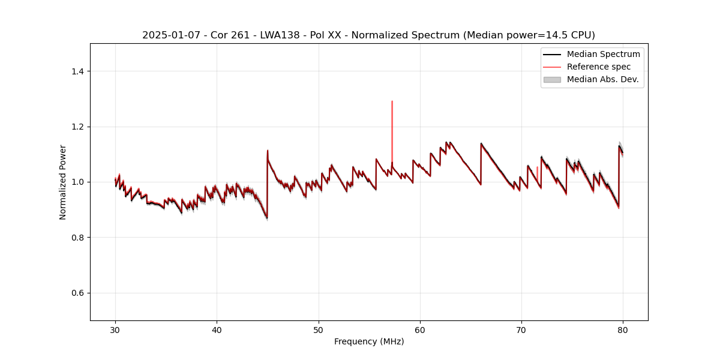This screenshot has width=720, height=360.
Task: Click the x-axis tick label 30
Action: (x=115, y=329)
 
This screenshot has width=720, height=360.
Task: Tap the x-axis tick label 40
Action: (x=217, y=329)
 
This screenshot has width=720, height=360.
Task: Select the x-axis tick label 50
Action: (x=319, y=329)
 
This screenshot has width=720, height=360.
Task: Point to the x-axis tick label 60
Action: (x=420, y=329)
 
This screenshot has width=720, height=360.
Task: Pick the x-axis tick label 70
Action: (x=521, y=329)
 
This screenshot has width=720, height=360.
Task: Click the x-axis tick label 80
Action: (x=623, y=329)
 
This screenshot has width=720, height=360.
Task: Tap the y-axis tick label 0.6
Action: (x=78, y=293)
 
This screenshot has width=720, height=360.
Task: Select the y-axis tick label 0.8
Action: (x=78, y=238)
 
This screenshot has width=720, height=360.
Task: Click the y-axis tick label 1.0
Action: (x=78, y=182)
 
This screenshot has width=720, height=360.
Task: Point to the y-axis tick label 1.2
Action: (x=78, y=127)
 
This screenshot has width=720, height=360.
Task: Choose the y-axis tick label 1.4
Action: (x=78, y=71)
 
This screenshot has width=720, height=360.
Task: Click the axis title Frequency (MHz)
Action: (x=369, y=341)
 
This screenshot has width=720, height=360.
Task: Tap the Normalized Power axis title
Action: (x=63, y=182)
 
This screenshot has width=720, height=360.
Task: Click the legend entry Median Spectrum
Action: (x=603, y=54)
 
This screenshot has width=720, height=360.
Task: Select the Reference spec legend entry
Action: (x=599, y=67)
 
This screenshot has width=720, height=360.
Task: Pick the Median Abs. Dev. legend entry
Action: (x=602, y=79)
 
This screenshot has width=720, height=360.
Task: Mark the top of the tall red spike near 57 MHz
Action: (x=392, y=101)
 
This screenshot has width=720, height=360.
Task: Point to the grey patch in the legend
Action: (x=552, y=79)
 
